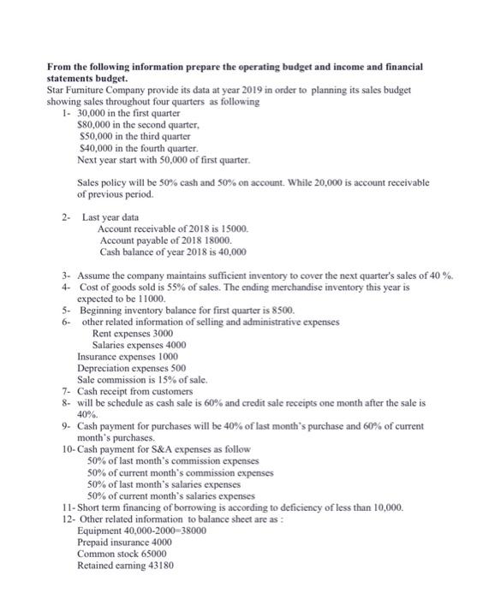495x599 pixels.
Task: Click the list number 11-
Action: (69, 507)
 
